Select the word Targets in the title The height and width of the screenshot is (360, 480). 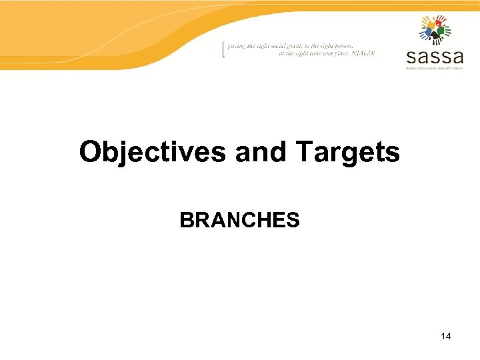tap(347, 153)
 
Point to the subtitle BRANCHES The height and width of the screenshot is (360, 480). tap(239, 220)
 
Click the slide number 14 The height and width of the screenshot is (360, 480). tap(446, 336)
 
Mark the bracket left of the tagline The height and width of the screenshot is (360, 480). tap(223, 50)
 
